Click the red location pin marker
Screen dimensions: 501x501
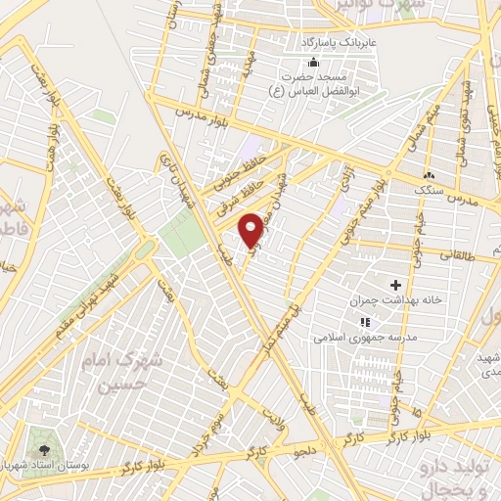pos(251,228)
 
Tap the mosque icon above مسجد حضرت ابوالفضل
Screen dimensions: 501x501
pos(313,63)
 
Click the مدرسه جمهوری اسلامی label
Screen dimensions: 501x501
pos(352,336)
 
